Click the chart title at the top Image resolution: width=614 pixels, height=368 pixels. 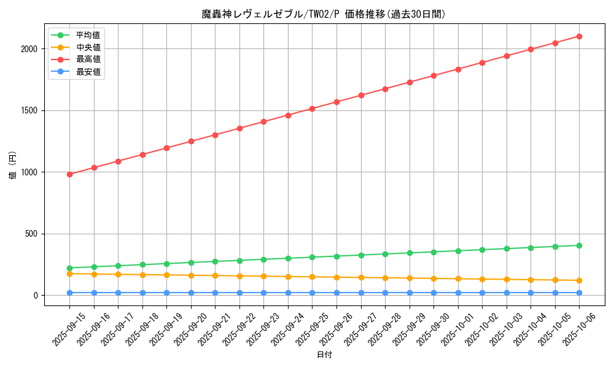[x=324, y=14]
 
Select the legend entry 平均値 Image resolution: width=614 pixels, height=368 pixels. [x=88, y=35]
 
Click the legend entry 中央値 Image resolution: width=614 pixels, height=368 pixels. [x=88, y=47]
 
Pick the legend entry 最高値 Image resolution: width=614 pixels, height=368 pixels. [x=88, y=59]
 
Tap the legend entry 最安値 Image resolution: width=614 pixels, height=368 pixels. [x=88, y=72]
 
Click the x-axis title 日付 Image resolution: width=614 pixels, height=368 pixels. [x=324, y=355]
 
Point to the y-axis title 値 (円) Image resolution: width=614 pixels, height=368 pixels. [x=13, y=166]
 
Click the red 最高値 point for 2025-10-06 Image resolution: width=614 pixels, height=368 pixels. [x=579, y=36]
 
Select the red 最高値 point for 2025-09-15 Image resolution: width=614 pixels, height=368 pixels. [x=69, y=174]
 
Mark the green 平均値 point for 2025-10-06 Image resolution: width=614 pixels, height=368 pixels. [x=579, y=245]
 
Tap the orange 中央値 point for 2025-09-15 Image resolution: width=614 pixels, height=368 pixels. [x=69, y=274]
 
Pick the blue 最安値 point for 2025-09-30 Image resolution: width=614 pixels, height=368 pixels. [x=433, y=293]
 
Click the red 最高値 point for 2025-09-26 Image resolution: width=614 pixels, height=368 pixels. [x=336, y=102]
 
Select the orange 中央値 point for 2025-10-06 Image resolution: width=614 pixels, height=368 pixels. [x=579, y=280]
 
